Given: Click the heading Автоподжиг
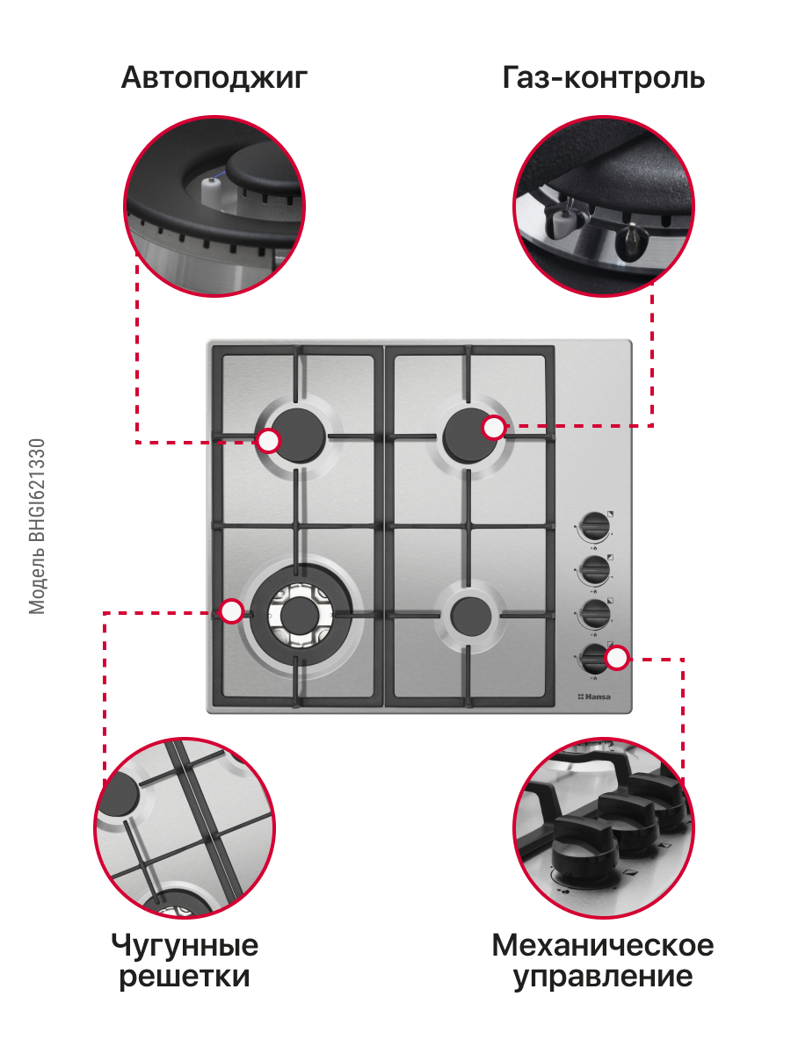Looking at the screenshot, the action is (214, 78).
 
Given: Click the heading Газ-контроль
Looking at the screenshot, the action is (603, 77).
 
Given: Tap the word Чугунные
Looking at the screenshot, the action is (185, 946).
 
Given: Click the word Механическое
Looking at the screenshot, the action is (603, 945).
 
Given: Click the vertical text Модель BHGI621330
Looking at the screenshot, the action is (37, 526).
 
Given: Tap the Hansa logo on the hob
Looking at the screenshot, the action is (594, 697).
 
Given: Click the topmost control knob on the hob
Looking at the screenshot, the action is (595, 527).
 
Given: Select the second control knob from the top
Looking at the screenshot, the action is (595, 570).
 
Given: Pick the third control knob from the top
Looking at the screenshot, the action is (595, 614).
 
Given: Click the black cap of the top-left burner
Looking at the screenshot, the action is (299, 436).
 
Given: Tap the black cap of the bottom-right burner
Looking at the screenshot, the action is (471, 615).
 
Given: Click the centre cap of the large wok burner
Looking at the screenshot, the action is (300, 616).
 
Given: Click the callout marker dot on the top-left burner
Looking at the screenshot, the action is (268, 441).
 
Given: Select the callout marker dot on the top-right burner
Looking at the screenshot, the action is (494, 428).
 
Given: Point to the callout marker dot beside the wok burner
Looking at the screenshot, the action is (231, 611).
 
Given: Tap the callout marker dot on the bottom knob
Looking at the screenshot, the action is (617, 658).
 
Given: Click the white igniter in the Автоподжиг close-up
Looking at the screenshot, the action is (210, 192).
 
